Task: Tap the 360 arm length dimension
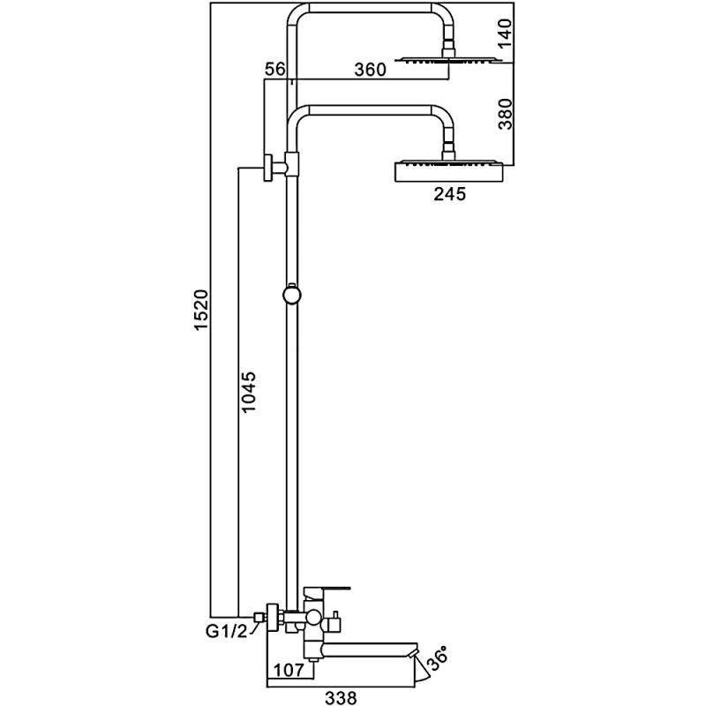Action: (370, 71)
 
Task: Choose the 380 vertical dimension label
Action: (506, 113)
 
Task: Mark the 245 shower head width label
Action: (448, 194)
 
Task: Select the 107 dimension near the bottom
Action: (288, 670)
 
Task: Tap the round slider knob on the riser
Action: (290, 293)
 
